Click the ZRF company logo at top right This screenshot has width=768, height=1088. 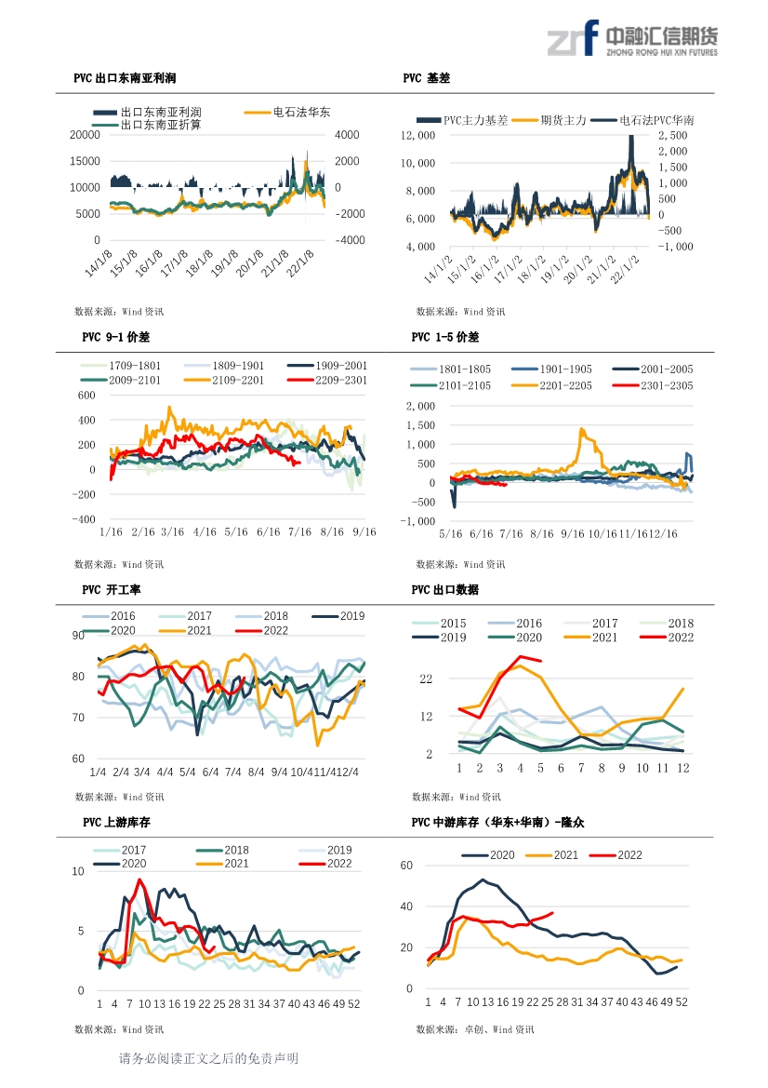632,38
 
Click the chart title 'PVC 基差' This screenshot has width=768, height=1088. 426,78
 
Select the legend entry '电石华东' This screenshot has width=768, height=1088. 287,112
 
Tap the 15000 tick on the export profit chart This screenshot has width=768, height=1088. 85,161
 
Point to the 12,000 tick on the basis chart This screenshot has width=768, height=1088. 418,135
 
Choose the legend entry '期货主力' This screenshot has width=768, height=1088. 549,120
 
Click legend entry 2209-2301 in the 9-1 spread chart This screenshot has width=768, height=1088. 327,381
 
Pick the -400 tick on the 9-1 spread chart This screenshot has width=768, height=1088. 84,519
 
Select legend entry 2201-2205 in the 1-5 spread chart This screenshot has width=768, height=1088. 551,386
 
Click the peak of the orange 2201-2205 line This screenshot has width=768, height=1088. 581,429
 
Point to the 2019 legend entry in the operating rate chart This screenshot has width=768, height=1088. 338,616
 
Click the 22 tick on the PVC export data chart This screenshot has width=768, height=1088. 426,678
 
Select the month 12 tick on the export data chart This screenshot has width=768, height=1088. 683,768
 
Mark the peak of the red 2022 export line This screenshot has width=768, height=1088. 520,656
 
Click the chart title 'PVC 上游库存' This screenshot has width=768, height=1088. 116,822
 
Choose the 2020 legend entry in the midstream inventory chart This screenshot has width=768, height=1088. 488,855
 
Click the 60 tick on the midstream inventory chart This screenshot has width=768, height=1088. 406,866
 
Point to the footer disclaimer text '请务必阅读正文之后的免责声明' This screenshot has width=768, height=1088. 208,1058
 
